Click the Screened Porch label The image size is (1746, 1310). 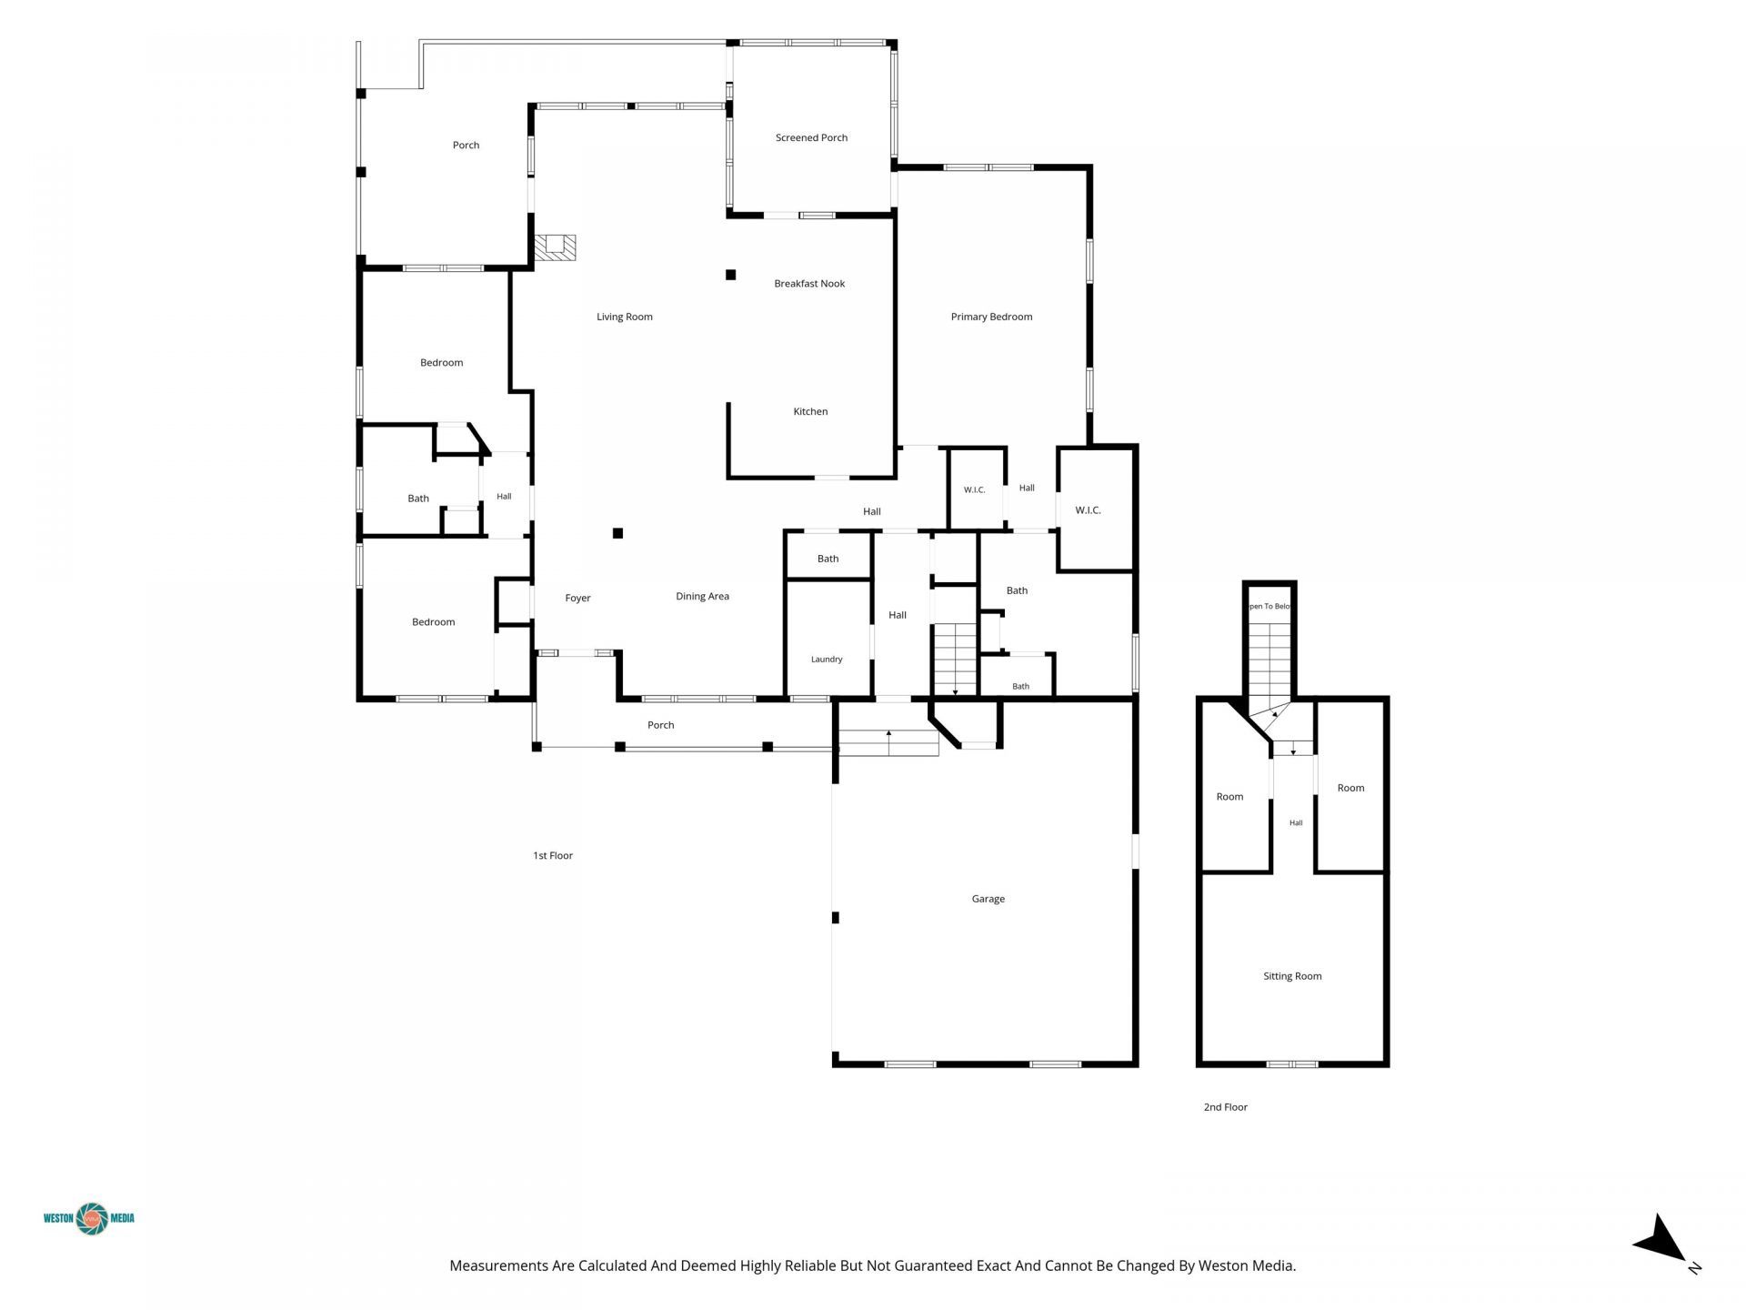pyautogui.click(x=811, y=138)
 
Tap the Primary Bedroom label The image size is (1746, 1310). pyautogui.click(x=991, y=317)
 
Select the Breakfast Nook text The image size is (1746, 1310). pyautogui.click(x=809, y=284)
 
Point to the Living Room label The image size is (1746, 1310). pyautogui.click(x=625, y=317)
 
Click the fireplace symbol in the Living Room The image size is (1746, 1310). pyautogui.click(x=555, y=247)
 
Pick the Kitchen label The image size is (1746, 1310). pyautogui.click(x=810, y=412)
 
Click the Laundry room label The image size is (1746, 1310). pyautogui.click(x=827, y=660)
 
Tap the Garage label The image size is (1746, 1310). pyautogui.click(x=988, y=900)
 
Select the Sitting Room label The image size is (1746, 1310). pyautogui.click(x=1292, y=977)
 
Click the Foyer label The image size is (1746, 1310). pyautogui.click(x=577, y=599)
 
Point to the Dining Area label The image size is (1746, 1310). pyautogui.click(x=702, y=597)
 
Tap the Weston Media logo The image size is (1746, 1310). pyautogui.click(x=89, y=1219)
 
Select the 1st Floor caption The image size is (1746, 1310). pyautogui.click(x=553, y=856)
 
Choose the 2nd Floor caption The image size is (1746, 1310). pyautogui.click(x=1226, y=1108)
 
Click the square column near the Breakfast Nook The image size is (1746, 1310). pyautogui.click(x=730, y=275)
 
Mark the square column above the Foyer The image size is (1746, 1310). pyautogui.click(x=617, y=533)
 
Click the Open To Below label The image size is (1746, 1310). pyautogui.click(x=1269, y=607)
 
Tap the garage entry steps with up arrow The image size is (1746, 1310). pyautogui.click(x=888, y=742)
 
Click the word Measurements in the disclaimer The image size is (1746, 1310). pyautogui.click(x=499, y=1265)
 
